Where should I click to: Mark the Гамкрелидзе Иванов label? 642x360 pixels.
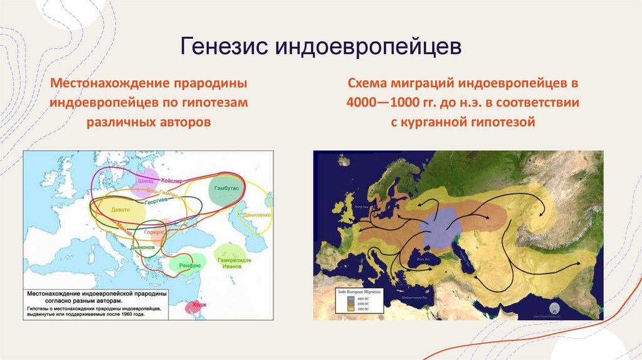click(233, 263)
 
